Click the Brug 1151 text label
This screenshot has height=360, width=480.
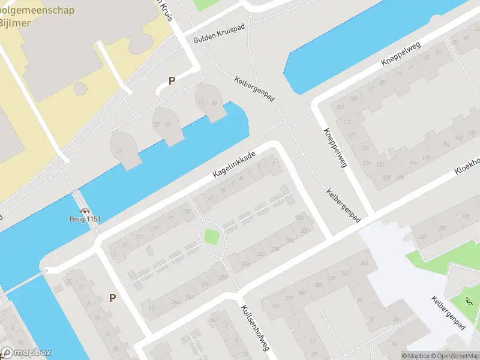click(x=84, y=219)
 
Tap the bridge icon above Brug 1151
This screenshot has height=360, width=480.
click(x=85, y=211)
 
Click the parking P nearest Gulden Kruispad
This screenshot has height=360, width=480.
click(x=172, y=81)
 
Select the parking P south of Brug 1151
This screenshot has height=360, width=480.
click(x=112, y=298)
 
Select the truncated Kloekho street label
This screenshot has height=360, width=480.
click(x=467, y=163)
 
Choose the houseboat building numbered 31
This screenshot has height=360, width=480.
click(x=119, y=151)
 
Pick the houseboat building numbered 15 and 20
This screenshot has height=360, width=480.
click(x=209, y=103)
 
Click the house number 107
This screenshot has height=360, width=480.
click(x=340, y=108)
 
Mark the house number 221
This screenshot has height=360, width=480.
click(x=423, y=237)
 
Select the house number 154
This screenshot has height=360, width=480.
click(x=445, y=145)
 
